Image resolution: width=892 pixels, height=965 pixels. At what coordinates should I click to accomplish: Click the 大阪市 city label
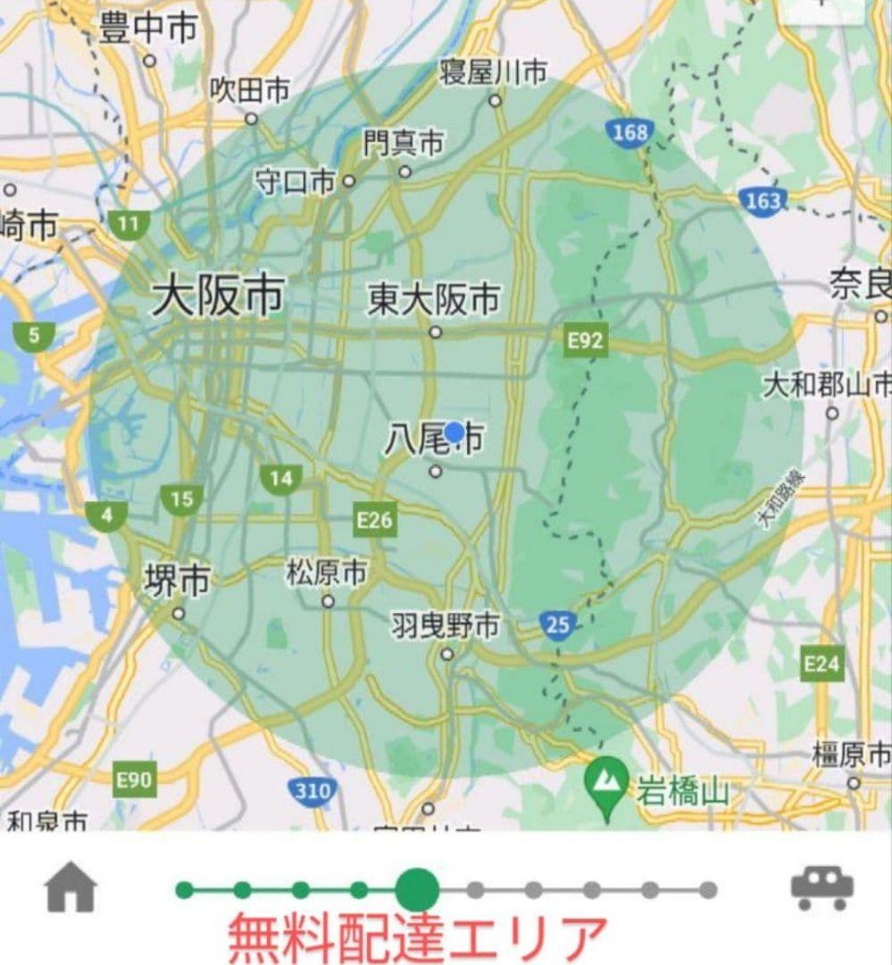click(218, 296)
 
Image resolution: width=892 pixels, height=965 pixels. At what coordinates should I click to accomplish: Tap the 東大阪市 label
click(434, 300)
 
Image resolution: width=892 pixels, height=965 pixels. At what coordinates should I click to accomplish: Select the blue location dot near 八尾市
click(454, 432)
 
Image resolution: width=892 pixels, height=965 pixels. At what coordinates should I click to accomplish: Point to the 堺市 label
click(178, 581)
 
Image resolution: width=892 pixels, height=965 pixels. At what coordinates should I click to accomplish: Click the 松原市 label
click(326, 573)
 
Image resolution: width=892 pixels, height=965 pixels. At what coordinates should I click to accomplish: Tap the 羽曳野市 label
click(445, 626)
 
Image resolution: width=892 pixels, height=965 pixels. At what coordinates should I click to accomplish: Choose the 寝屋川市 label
click(493, 72)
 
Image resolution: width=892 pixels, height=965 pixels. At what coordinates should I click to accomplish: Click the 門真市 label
click(403, 142)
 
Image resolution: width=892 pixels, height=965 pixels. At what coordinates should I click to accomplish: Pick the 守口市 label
click(295, 181)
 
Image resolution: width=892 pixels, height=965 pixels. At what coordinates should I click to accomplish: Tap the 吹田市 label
click(250, 89)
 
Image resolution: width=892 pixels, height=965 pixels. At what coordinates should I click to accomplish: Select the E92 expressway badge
click(586, 340)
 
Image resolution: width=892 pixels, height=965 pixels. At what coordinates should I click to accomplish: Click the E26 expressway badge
click(374, 519)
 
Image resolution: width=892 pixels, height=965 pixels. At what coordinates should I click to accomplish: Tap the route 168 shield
click(629, 133)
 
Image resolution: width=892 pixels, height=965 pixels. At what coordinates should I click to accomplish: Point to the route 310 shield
click(312, 790)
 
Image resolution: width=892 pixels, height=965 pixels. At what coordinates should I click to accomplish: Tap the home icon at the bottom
click(71, 888)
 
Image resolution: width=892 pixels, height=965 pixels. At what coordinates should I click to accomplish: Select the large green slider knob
click(417, 890)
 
